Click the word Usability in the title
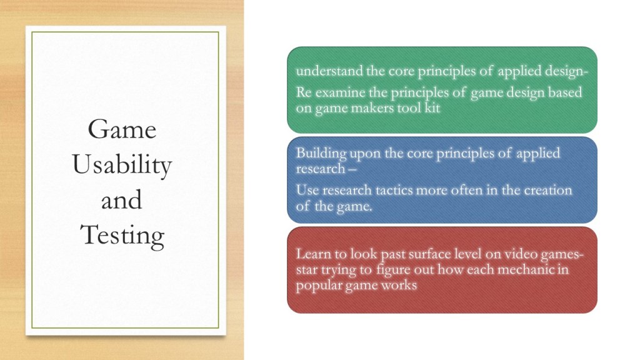tap(122, 165)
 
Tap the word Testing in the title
tap(122, 236)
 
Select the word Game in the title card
tap(122, 129)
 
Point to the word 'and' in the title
tap(122, 200)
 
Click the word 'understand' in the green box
tap(329, 71)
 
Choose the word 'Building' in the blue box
tap(321, 154)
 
